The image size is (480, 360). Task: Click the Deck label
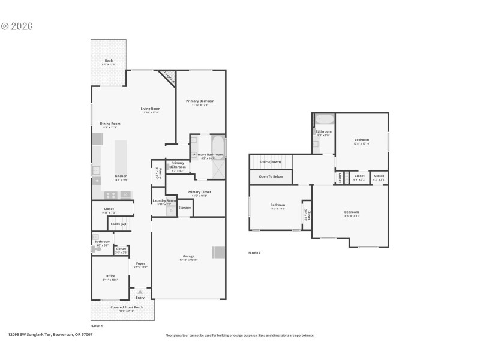tap(109, 61)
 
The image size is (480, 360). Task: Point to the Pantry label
tap(157, 173)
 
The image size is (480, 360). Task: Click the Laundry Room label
tap(164, 200)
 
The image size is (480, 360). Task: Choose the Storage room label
tap(184, 208)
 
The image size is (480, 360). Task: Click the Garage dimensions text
tap(189, 260)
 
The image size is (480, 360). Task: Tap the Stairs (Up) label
tap(119, 224)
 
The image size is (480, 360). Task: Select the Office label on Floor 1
tap(110, 276)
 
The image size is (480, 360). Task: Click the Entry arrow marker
tap(140, 292)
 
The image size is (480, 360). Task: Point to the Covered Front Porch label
tap(127, 307)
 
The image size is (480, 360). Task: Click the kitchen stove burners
tap(111, 194)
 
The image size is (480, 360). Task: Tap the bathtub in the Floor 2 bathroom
tap(322, 119)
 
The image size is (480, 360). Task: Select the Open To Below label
tap(271, 177)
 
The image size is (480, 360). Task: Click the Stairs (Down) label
tap(270, 161)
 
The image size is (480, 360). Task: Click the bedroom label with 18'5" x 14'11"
tap(351, 212)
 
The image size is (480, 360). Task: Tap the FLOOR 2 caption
tap(254, 253)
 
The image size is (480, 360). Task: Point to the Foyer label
tap(140, 263)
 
